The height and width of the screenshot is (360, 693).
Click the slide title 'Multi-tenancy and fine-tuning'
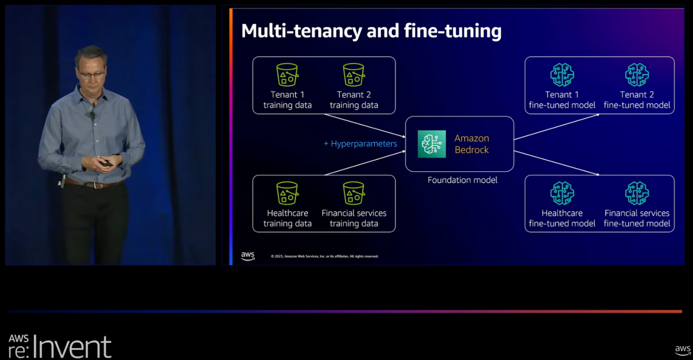point(371,31)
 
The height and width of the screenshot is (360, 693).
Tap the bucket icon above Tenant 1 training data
point(287,74)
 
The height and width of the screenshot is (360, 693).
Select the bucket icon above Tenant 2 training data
point(354,74)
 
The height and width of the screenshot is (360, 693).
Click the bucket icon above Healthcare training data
point(287,193)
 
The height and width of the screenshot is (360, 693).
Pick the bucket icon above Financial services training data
point(354,193)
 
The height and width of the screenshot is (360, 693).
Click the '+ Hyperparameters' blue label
point(360,143)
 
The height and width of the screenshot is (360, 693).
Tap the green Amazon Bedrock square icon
point(432,144)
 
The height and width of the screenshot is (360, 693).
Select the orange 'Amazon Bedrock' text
point(471,144)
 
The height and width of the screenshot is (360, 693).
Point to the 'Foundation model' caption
point(462,180)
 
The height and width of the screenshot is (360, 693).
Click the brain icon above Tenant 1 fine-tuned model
point(562,74)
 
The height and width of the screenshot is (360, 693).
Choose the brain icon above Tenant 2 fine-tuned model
point(637,74)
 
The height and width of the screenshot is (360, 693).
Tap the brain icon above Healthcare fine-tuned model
point(562,193)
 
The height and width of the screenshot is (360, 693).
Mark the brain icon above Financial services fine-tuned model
point(637,193)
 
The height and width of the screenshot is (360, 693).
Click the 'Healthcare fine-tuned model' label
point(562,218)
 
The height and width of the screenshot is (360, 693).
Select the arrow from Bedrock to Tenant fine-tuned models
point(556,127)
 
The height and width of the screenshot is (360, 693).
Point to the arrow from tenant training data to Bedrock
point(365,125)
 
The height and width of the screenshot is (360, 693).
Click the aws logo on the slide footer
point(248,256)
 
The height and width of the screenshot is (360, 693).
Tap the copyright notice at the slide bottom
point(324,256)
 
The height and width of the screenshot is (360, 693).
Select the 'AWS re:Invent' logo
point(60,346)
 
